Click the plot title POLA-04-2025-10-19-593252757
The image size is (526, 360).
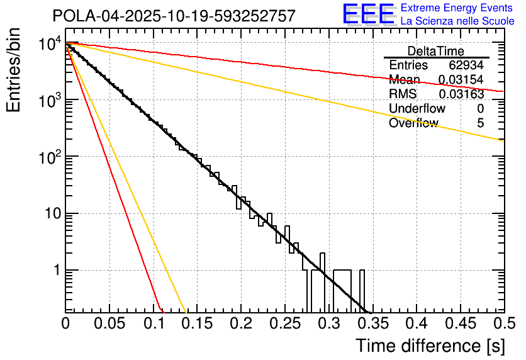pos(174,16)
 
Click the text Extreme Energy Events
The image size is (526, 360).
pos(457,8)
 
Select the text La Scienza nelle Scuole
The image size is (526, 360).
pos(457,21)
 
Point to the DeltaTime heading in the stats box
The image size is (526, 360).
pos(436,51)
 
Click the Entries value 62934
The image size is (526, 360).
pos(466,65)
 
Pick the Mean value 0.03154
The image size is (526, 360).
pos(461,80)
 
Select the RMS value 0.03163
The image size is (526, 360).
pos(461,94)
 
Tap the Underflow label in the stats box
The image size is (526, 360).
pos(417,109)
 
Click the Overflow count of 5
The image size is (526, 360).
pos(480,123)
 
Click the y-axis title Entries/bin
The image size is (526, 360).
pos(13,71)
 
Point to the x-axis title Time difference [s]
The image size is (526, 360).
pos(430,346)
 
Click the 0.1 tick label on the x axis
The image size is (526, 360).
pos(153,323)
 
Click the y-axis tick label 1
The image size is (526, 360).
pos(55,271)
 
